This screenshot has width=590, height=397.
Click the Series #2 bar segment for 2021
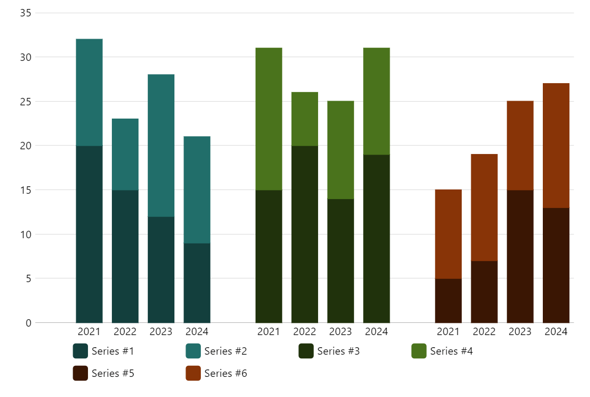coord(89,92)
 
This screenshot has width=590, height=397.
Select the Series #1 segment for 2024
coord(197,283)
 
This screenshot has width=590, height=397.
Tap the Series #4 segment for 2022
coord(305,119)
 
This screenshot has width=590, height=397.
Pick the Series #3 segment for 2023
coord(340,260)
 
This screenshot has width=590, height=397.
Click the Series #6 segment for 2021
coord(448,234)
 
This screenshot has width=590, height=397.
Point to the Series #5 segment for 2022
coord(484,292)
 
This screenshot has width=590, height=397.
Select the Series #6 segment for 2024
coord(556,146)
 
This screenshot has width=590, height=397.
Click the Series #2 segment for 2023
coord(161,146)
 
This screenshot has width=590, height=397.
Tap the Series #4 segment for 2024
coord(376,101)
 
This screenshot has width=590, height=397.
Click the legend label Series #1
coord(112,351)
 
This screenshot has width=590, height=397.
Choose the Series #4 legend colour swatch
coord(419,351)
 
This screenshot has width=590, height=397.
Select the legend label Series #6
coord(225,373)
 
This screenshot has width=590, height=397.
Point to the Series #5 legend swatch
coord(80,373)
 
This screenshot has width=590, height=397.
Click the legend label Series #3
coord(338,351)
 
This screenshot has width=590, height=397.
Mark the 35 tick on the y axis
coord(25,13)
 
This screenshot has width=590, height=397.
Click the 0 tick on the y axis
coord(28,322)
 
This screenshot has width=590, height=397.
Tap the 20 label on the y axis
coord(25,146)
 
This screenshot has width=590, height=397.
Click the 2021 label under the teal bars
coord(89,332)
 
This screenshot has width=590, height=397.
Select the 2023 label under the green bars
coord(340,332)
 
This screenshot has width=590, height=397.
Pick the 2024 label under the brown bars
coord(556,332)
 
